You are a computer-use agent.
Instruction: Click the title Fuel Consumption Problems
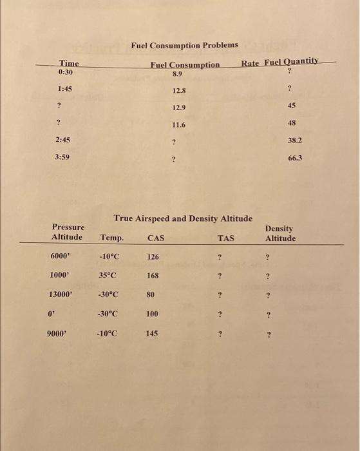(184, 45)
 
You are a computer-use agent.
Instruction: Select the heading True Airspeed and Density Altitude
(183, 218)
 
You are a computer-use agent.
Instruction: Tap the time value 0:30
(65, 72)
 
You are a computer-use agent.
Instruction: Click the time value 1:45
(64, 89)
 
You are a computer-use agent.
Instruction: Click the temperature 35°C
(108, 274)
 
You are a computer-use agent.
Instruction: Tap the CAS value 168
(153, 275)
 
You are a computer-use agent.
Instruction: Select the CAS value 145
(152, 334)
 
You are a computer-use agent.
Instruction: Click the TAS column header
(226, 238)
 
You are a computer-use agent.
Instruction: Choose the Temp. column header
(112, 238)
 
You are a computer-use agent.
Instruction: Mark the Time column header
(69, 63)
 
